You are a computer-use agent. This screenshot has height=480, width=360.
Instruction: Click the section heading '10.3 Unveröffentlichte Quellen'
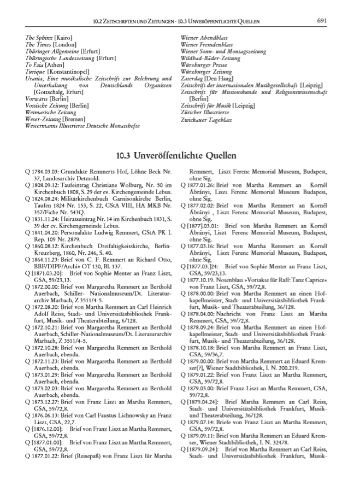click(180, 155)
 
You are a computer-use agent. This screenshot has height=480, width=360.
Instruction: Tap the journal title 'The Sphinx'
click(38, 37)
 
